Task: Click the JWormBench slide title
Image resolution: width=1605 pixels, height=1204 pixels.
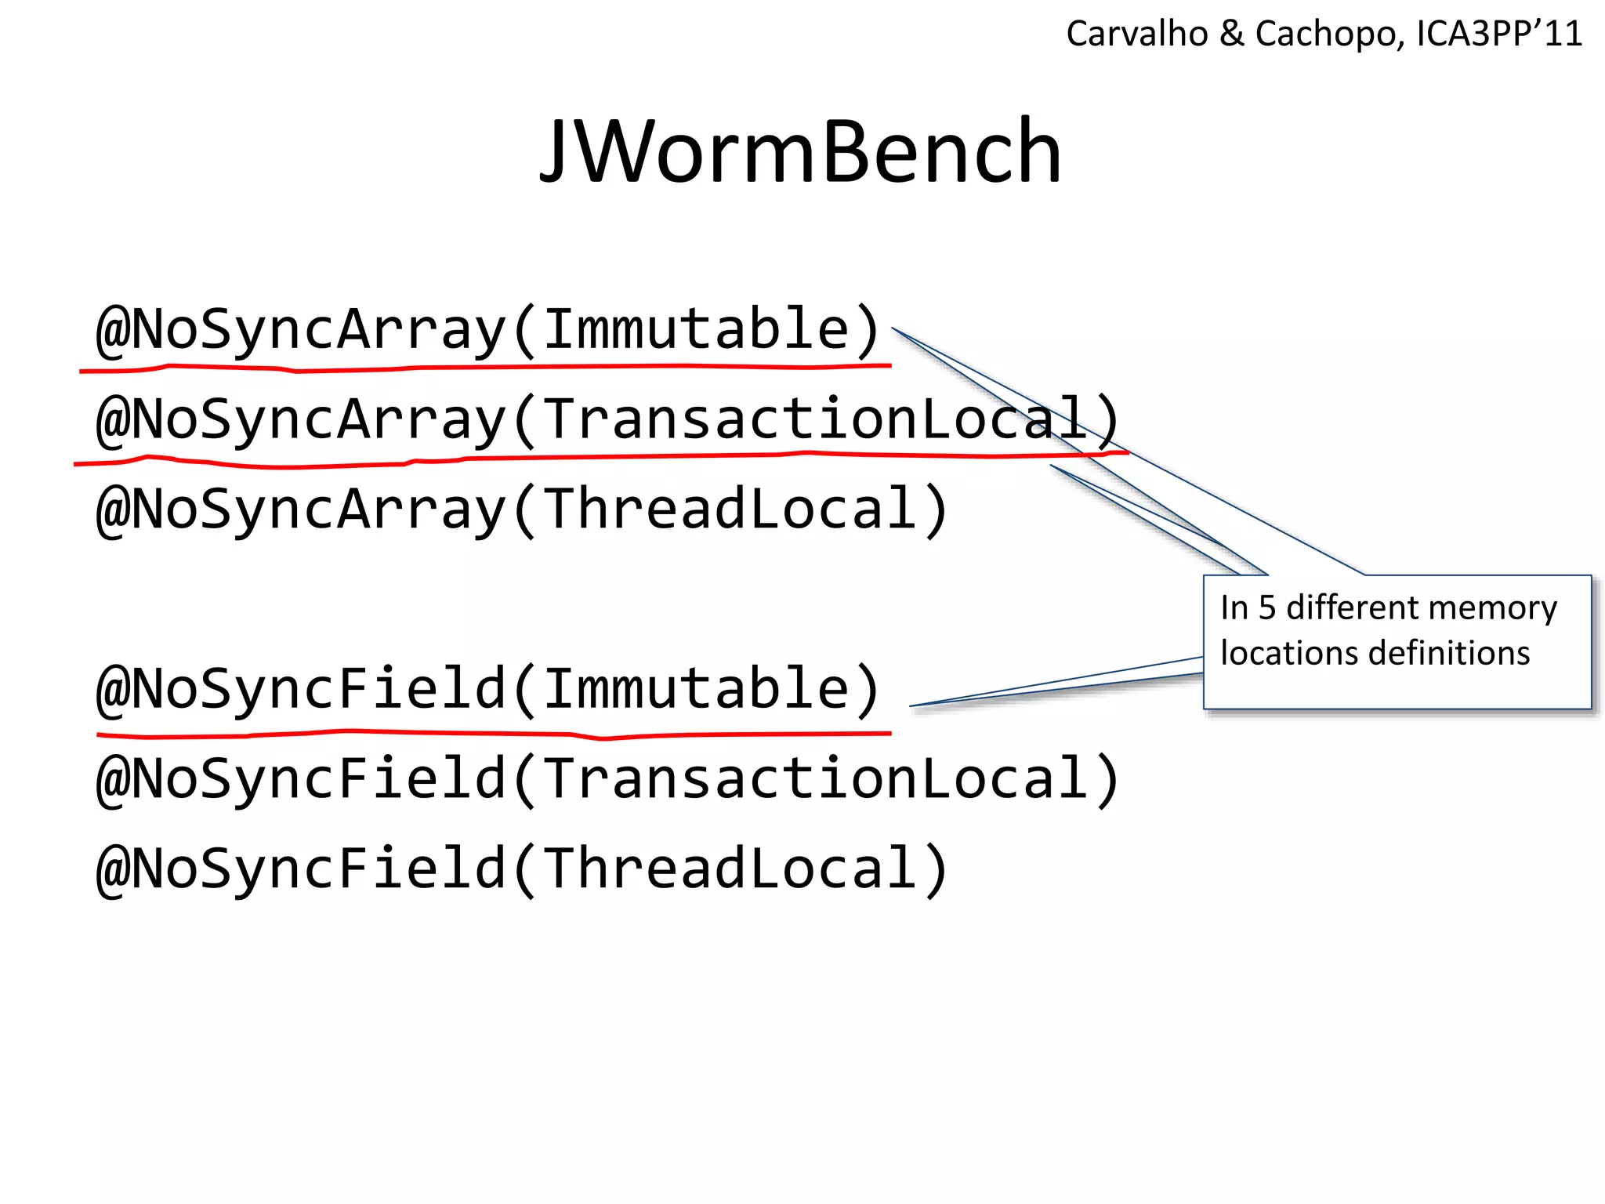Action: pyautogui.click(x=800, y=151)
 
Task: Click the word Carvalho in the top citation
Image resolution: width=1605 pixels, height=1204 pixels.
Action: pyautogui.click(x=1136, y=34)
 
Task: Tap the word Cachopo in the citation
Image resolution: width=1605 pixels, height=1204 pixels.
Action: pyautogui.click(x=1324, y=34)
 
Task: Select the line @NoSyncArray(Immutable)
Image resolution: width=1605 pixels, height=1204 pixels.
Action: pyautogui.click(x=487, y=329)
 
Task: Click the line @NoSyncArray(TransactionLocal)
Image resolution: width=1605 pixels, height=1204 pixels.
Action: pyautogui.click(x=607, y=419)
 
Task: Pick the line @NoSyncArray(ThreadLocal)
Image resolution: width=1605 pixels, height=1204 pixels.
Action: pyautogui.click(x=521, y=510)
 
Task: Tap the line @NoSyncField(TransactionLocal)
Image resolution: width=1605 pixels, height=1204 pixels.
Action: pyautogui.click(x=607, y=779)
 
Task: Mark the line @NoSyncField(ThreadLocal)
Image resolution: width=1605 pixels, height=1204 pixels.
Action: pyautogui.click(x=521, y=869)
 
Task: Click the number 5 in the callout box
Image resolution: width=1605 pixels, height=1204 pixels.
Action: pyautogui.click(x=1267, y=608)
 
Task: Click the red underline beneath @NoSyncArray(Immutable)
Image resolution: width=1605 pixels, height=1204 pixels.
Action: pyautogui.click(x=486, y=367)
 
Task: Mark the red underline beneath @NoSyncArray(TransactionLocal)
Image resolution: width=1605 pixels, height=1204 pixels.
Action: pyautogui.click(x=596, y=458)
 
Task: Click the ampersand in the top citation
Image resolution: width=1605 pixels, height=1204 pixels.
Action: pyautogui.click(x=1232, y=34)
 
